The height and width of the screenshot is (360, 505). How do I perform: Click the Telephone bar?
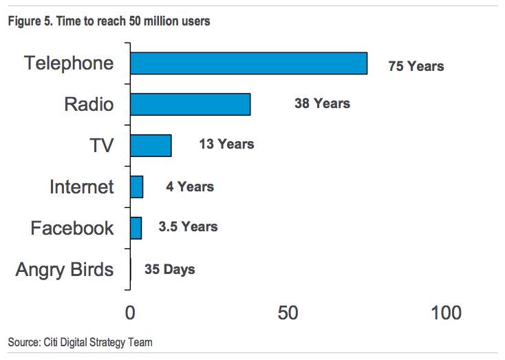248,63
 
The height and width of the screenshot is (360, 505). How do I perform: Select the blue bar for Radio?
190,104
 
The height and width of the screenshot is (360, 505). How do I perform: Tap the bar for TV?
151,145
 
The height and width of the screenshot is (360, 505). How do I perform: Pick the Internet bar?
136,187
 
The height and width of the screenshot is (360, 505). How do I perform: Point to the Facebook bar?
136,228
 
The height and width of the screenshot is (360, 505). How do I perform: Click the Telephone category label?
69,63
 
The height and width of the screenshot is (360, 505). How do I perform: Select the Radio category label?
89,105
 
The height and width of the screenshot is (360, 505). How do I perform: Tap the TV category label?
100,145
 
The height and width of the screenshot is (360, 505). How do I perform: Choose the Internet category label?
81,187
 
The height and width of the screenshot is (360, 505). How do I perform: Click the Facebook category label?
72,228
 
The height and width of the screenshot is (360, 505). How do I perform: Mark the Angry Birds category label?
65,269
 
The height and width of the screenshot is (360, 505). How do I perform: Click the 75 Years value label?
416,67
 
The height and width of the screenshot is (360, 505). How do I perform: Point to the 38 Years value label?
322,104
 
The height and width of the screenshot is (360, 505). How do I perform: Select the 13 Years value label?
226,145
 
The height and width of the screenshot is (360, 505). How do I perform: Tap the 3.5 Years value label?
188,227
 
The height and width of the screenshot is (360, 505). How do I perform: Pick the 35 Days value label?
169,269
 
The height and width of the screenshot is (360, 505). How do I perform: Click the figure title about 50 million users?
109,21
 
